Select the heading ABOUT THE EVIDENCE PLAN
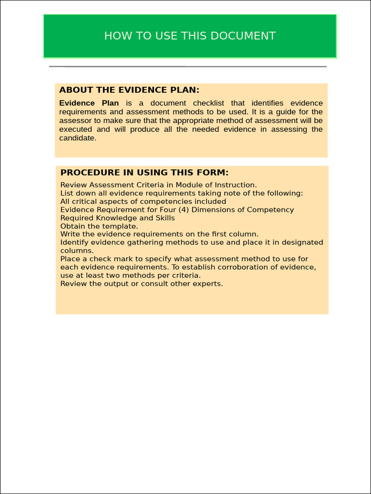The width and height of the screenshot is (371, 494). coord(129,90)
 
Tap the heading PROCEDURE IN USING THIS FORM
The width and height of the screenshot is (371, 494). coord(144,173)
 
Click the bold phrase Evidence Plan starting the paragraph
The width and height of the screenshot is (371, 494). coord(89,103)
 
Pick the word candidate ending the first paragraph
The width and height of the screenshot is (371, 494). coord(77,138)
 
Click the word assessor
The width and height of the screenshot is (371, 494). coord(75,121)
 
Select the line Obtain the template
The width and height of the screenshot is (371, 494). coord(99,226)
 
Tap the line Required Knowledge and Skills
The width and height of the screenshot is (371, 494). coord(117,218)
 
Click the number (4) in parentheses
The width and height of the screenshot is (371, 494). coord(184,210)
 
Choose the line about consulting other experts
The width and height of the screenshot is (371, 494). coord(142,284)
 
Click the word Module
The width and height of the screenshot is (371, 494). coord(189,185)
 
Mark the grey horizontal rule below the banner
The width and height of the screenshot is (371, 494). coord(188,67)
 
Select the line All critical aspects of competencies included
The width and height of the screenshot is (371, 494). coord(143,202)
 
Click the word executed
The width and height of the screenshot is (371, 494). coord(76,129)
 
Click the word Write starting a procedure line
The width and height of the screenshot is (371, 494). coord(70,234)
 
